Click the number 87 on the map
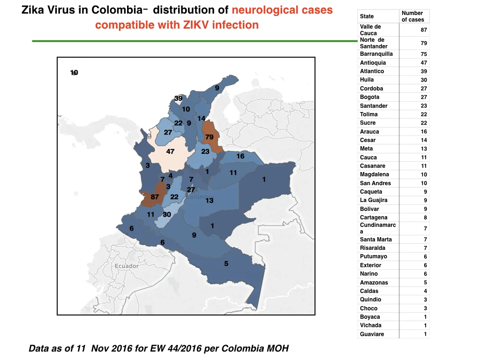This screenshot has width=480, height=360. (155, 197)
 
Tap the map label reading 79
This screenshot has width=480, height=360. (210, 137)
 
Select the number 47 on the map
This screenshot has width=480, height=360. (170, 151)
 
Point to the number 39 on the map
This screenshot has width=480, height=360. (178, 98)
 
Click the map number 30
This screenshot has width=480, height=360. (167, 214)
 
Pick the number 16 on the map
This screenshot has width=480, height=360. (240, 156)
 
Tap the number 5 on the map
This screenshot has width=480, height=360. (226, 263)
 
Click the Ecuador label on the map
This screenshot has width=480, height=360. (127, 266)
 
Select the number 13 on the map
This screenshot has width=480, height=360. (210, 201)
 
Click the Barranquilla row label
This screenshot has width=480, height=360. (376, 54)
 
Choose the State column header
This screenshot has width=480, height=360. (367, 16)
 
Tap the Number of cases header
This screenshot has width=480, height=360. (412, 16)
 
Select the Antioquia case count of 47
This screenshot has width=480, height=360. (424, 63)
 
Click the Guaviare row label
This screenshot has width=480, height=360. (372, 334)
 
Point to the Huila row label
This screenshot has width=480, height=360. (367, 80)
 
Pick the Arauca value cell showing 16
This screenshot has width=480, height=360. (424, 132)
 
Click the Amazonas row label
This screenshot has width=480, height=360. (374, 283)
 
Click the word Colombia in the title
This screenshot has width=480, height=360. (117, 10)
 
